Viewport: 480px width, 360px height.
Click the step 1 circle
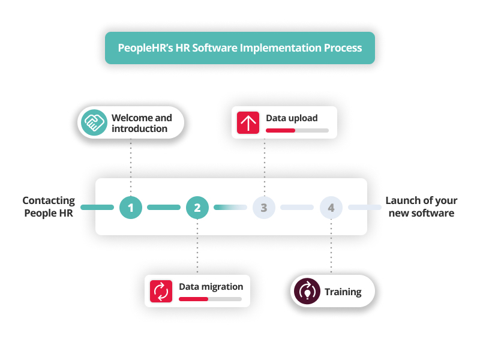[x=131, y=208]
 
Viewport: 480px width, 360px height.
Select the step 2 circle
[x=197, y=208]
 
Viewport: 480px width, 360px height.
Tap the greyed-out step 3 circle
[x=264, y=208]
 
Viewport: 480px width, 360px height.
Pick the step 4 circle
[x=331, y=208]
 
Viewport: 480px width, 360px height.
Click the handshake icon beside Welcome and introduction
[x=94, y=123]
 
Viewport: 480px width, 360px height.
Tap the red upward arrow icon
[x=247, y=123]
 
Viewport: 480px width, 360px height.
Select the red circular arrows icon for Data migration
[x=161, y=291]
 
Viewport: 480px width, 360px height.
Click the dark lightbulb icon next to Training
[x=307, y=292]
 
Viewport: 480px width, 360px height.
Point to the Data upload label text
[x=292, y=118]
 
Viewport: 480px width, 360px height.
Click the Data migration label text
[x=211, y=286]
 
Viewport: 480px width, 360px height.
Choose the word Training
[x=343, y=292]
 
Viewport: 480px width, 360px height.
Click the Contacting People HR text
[x=49, y=207]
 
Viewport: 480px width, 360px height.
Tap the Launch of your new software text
[x=421, y=207]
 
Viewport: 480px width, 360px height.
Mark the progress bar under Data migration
[x=210, y=299]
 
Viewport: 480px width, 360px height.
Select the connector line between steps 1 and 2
[x=164, y=208]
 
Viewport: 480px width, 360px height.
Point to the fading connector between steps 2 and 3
[x=230, y=208]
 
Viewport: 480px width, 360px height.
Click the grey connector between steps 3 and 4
[x=297, y=208]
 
